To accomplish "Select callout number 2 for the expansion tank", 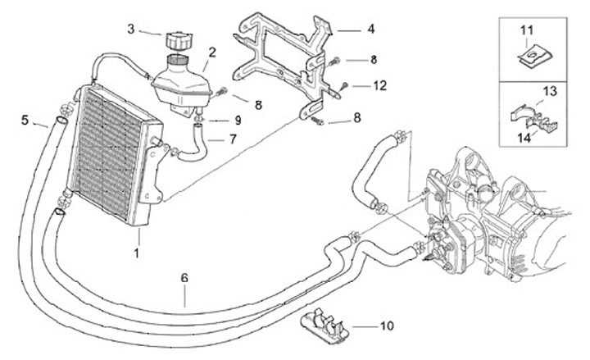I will click(211, 52).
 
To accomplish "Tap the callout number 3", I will click(130, 30).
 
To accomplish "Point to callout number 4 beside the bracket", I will click(370, 29).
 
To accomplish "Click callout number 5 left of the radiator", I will click(25, 120).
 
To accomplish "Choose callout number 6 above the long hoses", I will click(185, 278).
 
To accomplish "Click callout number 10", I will click(386, 326).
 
